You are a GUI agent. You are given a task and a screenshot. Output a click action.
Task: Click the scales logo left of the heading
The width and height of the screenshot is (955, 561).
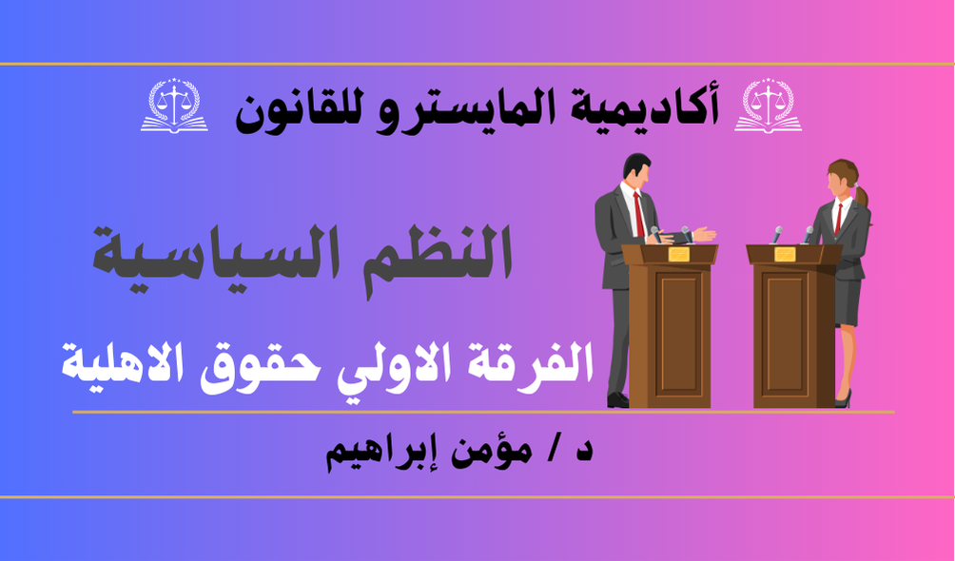[x=174, y=106]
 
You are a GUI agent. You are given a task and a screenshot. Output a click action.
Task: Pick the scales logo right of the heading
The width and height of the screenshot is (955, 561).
[x=768, y=106]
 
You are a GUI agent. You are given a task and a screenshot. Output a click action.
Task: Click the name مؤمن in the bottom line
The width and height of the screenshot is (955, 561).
[x=489, y=454]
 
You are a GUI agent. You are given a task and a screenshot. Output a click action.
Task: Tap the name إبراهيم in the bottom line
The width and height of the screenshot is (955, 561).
[x=377, y=455]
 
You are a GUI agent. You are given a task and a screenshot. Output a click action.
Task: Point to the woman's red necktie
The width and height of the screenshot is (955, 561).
[x=839, y=218]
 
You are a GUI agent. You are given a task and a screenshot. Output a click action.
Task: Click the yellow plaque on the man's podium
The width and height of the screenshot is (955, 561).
[x=678, y=254]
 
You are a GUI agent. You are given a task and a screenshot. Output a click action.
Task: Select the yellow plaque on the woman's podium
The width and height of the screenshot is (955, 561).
[x=785, y=254]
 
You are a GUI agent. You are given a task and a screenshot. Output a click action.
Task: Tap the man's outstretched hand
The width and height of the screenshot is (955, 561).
[x=704, y=234]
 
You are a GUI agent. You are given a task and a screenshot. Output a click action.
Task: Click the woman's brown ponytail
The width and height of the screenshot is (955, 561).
[x=862, y=195]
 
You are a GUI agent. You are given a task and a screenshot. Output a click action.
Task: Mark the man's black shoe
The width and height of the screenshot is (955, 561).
[x=617, y=399]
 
